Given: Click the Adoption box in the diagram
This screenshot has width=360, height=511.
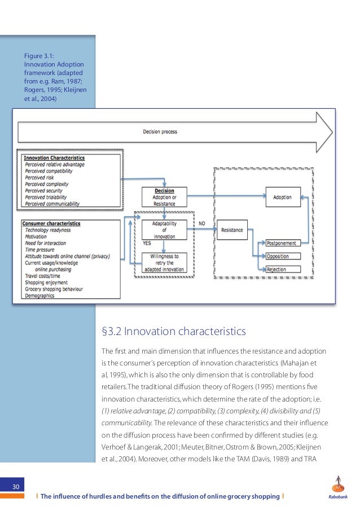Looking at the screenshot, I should pyautogui.click(x=282, y=197).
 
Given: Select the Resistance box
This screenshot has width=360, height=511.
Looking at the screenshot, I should pyautogui.click(x=231, y=230).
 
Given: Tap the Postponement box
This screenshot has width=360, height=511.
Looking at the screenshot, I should pyautogui.click(x=283, y=243).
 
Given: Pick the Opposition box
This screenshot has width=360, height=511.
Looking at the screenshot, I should pyautogui.click(x=283, y=257).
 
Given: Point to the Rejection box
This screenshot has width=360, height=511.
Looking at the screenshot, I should pyautogui.click(x=283, y=270).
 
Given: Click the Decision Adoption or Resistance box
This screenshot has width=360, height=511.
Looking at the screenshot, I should pyautogui.click(x=164, y=197).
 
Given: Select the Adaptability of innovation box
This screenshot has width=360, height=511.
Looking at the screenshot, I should pyautogui.click(x=164, y=230).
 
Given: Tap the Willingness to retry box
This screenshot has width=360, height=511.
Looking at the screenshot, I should pyautogui.click(x=164, y=263).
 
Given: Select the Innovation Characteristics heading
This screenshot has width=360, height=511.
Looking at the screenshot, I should pyautogui.click(x=54, y=158).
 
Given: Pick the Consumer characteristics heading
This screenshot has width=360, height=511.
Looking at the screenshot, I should pyautogui.click(x=51, y=223).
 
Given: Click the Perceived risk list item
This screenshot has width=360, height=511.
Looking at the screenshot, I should pyautogui.click(x=39, y=178).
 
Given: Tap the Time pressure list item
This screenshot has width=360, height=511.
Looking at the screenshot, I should pyautogui.click(x=41, y=249).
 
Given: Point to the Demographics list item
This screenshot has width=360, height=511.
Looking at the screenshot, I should pyautogui.click(x=39, y=294).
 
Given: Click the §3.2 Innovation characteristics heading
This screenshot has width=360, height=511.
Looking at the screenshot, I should pyautogui.click(x=173, y=331).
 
